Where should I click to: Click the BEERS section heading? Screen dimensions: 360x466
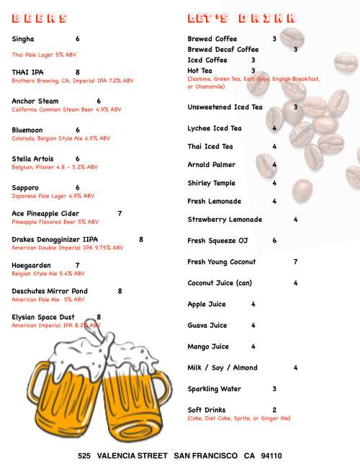coord(40,18)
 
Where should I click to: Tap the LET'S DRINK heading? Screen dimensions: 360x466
coord(240,18)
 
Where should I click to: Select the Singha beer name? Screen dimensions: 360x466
coord(23,39)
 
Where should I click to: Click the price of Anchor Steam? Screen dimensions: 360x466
coord(99,102)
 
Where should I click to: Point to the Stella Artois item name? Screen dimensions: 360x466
coord(36,158)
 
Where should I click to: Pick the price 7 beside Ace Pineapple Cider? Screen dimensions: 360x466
coord(120,214)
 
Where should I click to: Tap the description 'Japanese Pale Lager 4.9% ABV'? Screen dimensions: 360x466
coord(53,196)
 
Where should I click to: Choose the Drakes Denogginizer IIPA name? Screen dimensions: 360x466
coord(55,239)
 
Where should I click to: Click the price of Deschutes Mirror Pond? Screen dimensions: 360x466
coord(120,292)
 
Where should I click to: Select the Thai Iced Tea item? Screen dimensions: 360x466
coord(210,147)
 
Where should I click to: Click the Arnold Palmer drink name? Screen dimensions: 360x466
coord(211,165)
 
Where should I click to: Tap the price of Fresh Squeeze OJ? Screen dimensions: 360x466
coord(274,241)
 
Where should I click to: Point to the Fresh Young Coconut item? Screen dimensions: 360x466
coord(222,262)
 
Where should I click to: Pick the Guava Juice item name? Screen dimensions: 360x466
coord(207,326)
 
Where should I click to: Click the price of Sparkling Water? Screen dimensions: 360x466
coord(274,389)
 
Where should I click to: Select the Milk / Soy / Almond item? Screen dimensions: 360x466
coord(222,368)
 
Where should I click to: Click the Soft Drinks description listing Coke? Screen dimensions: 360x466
coord(238,418)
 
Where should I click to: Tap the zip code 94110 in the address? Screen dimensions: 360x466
coord(271,456)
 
